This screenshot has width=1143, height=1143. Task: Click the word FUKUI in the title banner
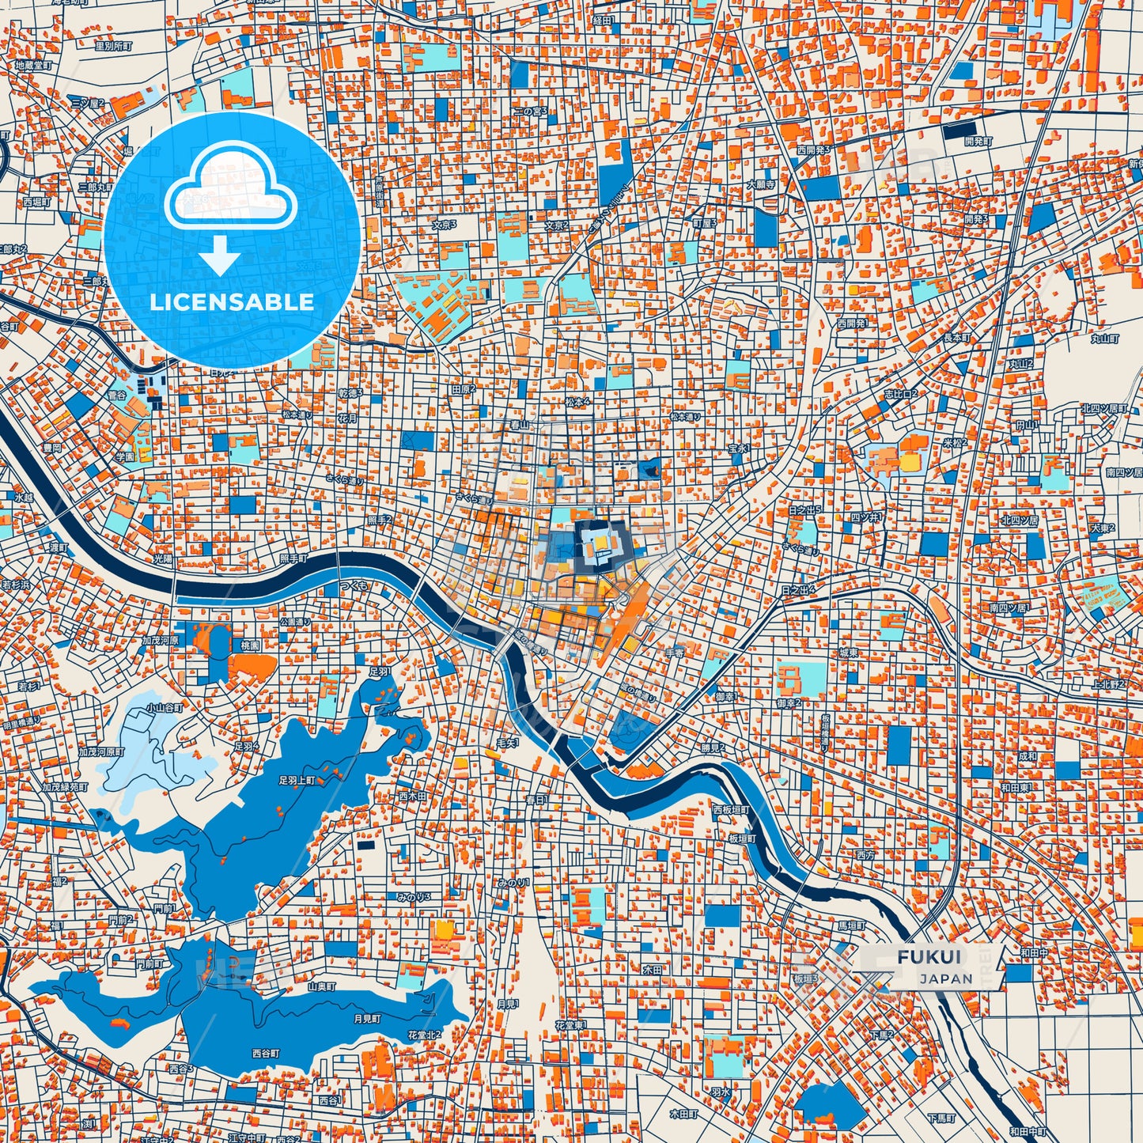(929, 956)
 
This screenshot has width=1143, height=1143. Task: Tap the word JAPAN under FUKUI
(946, 978)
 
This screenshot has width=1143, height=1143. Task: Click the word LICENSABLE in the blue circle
(232, 302)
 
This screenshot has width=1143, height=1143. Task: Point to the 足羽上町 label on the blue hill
(297, 780)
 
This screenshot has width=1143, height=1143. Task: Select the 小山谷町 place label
(165, 709)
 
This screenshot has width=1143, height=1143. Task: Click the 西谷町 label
(266, 1054)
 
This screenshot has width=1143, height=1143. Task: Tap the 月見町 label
(367, 1019)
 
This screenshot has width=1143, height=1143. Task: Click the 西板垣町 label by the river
(731, 810)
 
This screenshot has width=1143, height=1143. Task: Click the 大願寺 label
(760, 184)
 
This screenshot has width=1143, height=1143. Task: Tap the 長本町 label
(956, 338)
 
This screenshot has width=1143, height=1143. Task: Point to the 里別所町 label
(113, 46)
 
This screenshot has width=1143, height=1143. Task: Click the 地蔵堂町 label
(33, 66)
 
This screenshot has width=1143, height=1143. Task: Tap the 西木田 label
(412, 796)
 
